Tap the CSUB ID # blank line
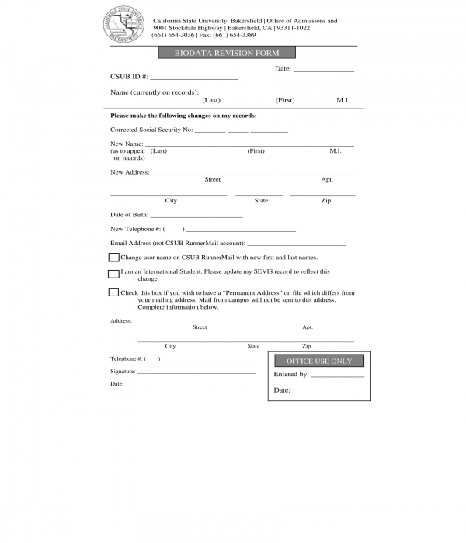193,78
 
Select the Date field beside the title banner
323,71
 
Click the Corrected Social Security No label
151,130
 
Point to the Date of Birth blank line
196,216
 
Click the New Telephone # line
241,230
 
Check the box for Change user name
113,258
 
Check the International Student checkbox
113,274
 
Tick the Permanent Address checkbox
113,292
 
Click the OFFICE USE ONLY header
318,361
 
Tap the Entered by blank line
337,375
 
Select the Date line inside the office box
328,392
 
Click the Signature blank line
196,372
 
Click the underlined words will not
261,299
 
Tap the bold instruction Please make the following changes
183,116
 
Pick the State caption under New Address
261,201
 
